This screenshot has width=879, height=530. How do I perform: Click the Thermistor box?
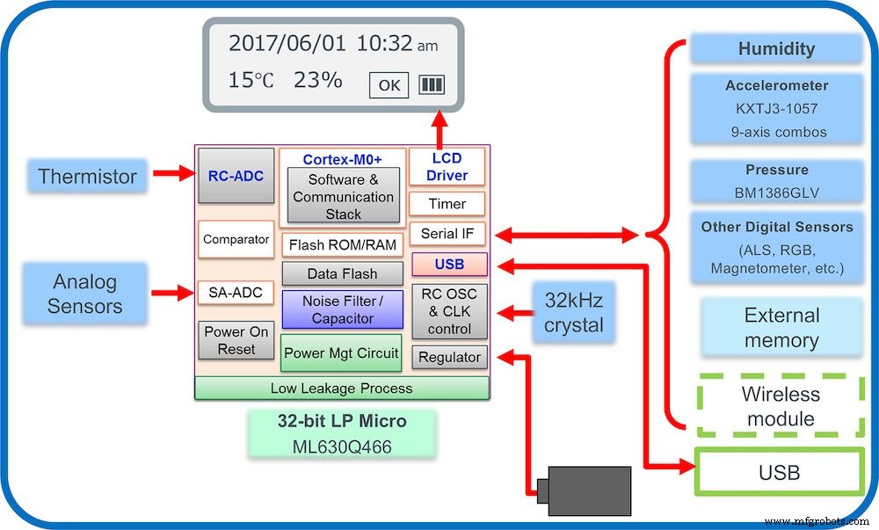[87, 176]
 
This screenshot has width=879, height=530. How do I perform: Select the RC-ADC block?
[236, 175]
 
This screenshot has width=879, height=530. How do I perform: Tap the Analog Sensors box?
[85, 294]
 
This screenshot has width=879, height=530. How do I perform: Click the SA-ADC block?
[236, 293]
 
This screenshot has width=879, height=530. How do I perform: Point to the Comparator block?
[236, 239]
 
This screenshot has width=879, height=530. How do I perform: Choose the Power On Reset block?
[236, 340]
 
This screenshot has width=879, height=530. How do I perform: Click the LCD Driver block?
[447, 166]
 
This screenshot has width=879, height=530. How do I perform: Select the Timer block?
[447, 204]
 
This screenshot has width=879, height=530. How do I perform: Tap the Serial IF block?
[447, 234]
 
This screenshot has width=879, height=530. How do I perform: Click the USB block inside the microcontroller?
[449, 265]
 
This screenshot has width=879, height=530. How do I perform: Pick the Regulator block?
[449, 357]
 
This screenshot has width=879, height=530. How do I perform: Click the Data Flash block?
[342, 274]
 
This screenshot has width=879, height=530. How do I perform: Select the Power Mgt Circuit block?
[341, 353]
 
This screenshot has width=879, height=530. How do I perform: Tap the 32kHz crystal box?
[574, 312]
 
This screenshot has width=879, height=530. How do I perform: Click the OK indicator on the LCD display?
[389, 85]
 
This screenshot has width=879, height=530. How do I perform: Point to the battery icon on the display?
[432, 84]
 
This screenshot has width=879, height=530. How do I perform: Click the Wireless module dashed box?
[780, 406]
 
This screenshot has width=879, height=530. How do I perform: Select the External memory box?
[781, 328]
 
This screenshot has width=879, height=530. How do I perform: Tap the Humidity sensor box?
[776, 49]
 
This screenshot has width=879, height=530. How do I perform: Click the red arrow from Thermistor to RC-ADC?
[173, 174]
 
